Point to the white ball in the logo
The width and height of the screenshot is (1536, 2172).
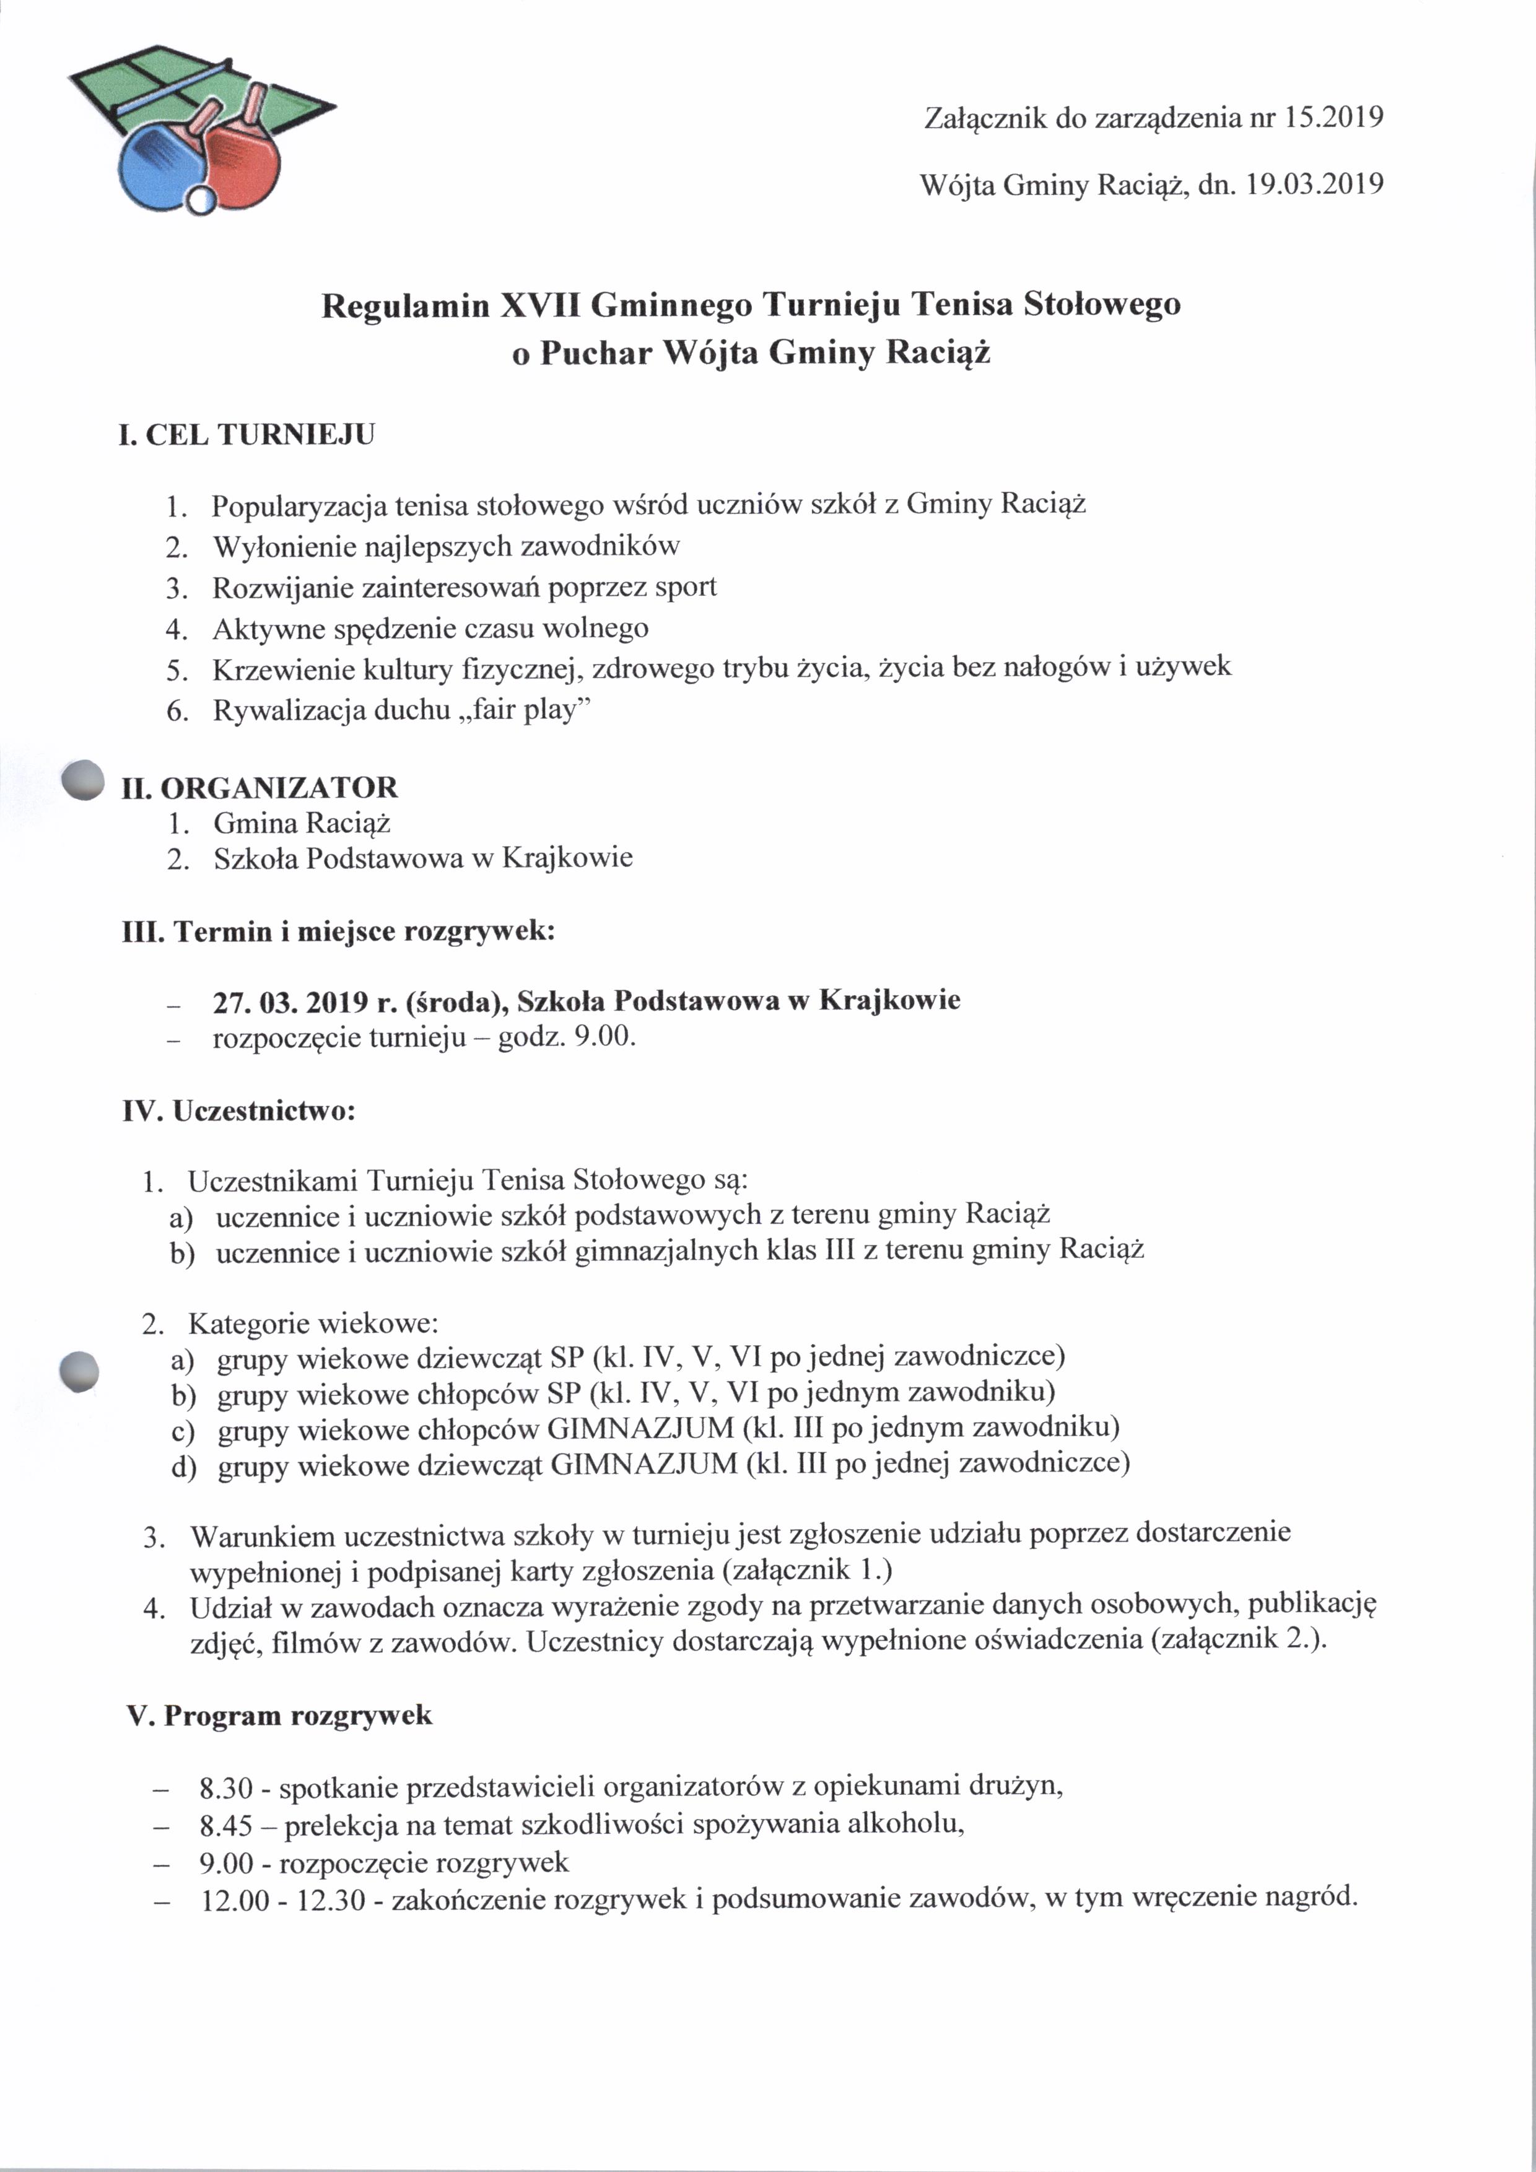tap(201, 199)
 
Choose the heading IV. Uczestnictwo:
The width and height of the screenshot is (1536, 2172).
tap(238, 1110)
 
